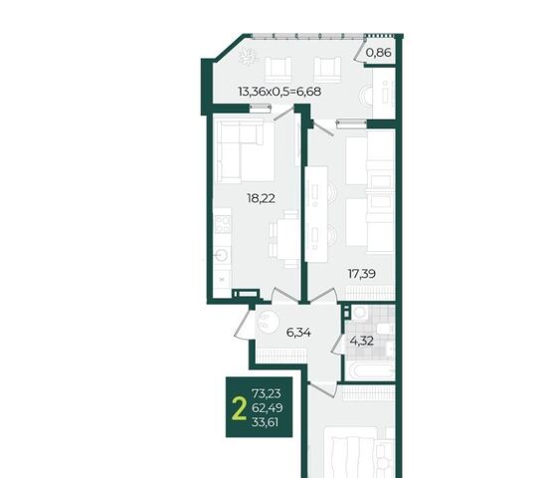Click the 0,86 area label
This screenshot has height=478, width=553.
(378, 53)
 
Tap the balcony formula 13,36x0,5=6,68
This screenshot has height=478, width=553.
(279, 92)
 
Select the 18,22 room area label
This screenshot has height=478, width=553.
(261, 199)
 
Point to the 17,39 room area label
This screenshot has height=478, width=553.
(362, 274)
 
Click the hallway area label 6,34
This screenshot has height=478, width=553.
(298, 333)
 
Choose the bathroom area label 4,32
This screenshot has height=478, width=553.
(361, 342)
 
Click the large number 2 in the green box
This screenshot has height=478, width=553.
(239, 408)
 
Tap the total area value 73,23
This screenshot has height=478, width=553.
(267, 393)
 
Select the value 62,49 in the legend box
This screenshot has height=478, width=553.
(267, 408)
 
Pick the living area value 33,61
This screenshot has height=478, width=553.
(266, 422)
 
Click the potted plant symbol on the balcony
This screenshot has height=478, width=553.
(249, 57)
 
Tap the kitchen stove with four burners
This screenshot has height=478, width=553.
(223, 224)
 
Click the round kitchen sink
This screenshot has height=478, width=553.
(222, 255)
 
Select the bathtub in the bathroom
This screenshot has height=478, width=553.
(370, 370)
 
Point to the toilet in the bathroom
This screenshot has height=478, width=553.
(385, 330)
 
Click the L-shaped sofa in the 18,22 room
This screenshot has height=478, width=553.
(240, 151)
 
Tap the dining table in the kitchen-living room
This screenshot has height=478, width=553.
(287, 239)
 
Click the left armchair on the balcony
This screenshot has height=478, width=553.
(278, 70)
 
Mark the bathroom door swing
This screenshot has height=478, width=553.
(337, 343)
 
